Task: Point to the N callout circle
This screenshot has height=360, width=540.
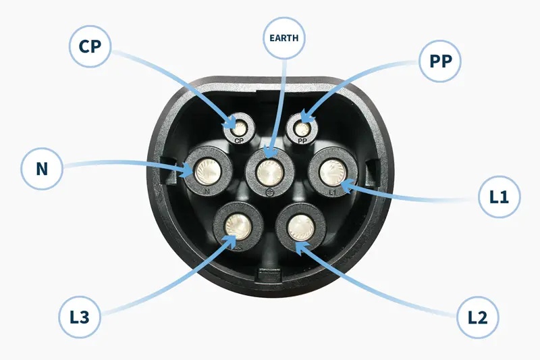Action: coord(41,168)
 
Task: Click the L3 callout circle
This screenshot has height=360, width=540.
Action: coord(80,315)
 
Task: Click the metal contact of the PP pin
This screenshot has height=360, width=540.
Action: coord(300,127)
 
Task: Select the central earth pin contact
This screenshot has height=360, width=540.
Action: coord(269,172)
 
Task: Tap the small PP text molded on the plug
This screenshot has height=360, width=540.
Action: coord(301,143)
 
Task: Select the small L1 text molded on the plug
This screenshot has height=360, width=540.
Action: coord(332,192)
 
